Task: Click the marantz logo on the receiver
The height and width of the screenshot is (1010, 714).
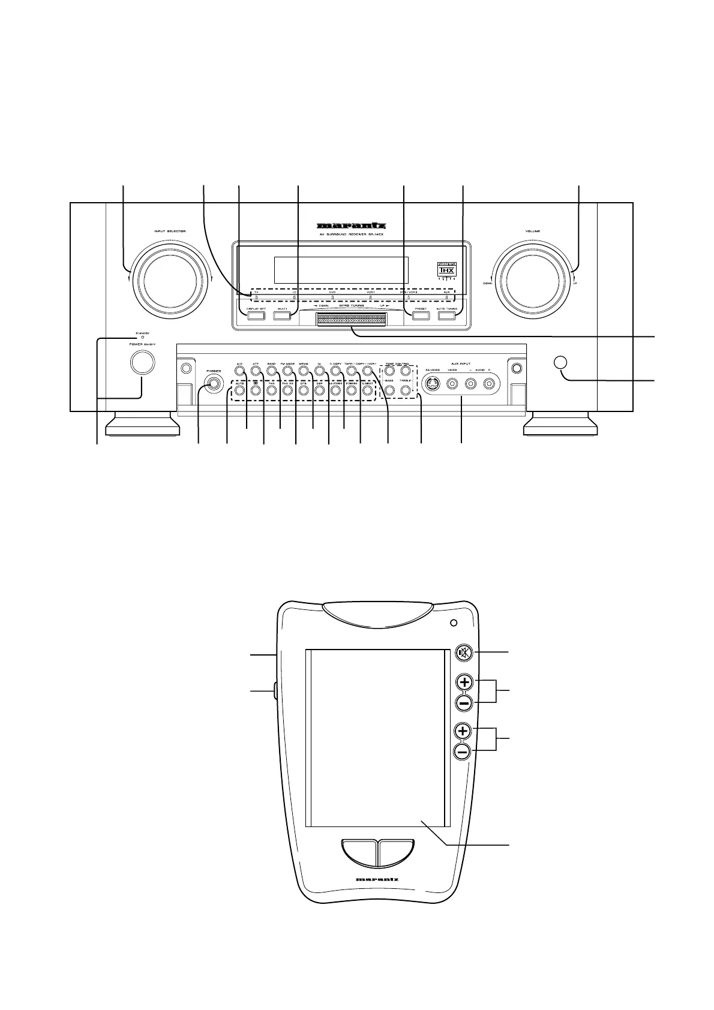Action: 352,227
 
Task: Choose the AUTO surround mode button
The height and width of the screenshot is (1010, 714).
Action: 239,390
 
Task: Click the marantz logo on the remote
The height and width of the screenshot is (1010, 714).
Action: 377,880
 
